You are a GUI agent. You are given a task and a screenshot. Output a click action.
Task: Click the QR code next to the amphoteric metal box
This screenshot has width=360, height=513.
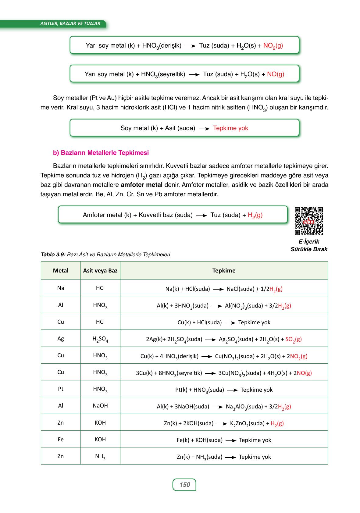[308, 221]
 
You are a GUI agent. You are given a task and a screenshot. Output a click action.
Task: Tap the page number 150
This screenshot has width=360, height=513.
[184, 485]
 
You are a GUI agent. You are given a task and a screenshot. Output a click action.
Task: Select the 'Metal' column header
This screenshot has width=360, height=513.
[61, 270]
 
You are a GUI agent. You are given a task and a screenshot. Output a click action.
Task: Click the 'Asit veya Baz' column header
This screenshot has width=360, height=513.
[100, 270]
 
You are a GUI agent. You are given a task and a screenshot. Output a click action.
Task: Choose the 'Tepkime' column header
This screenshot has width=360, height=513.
[224, 270]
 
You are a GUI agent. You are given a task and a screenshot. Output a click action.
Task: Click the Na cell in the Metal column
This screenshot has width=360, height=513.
[61, 288]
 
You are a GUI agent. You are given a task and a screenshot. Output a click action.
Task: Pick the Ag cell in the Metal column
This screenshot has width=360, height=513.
[61, 338]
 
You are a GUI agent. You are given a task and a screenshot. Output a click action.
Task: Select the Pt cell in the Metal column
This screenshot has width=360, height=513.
[61, 389]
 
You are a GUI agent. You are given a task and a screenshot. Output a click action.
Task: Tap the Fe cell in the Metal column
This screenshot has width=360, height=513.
[61, 439]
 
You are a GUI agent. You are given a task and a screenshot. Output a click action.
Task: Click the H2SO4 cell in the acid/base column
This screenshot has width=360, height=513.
[100, 339]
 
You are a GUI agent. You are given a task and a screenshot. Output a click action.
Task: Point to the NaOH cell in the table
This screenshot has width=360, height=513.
[100, 406]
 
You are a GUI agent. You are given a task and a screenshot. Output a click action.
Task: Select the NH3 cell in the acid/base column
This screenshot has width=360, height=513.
[100, 457]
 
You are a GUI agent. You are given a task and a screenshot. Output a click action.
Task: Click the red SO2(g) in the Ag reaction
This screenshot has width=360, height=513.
[293, 339]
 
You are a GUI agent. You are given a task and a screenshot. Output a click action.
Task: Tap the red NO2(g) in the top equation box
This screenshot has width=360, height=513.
[273, 46]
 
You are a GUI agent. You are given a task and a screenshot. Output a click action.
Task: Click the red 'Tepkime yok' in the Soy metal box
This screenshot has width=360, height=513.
[230, 128]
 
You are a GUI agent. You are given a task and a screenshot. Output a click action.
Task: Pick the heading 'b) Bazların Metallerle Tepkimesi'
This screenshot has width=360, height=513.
[101, 153]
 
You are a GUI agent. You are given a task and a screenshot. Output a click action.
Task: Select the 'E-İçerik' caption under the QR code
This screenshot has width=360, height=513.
[309, 241]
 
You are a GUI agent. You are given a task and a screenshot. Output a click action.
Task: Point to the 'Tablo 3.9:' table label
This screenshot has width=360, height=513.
[53, 255]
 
